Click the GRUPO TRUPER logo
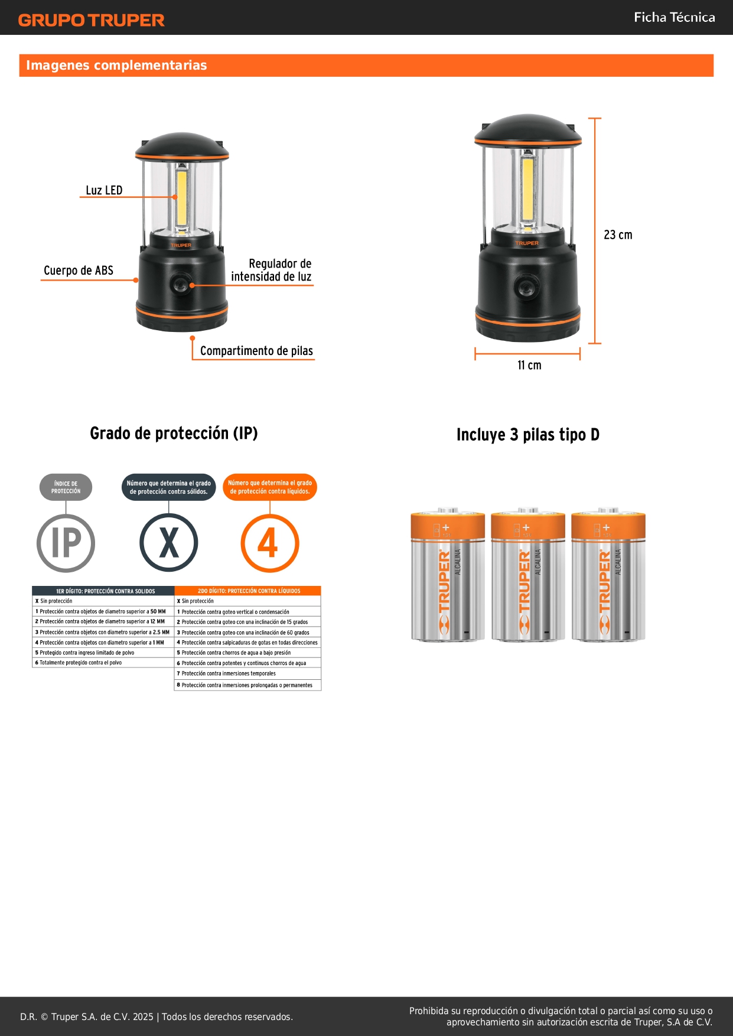point(92,20)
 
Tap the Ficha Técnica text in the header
point(674,17)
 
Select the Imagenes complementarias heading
point(116,65)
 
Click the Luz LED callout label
point(104,190)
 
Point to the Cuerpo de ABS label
point(79,271)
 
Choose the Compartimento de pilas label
point(256,351)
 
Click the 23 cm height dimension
point(618,234)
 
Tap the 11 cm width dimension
point(529,365)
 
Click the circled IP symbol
point(66,543)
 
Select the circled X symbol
point(169,543)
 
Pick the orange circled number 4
point(270,543)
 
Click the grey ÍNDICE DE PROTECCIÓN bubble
point(66,487)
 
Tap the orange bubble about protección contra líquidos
point(270,487)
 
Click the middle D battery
point(528,574)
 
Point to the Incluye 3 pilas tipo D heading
point(528,435)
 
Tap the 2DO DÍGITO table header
point(248,591)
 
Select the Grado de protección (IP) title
point(174,434)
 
